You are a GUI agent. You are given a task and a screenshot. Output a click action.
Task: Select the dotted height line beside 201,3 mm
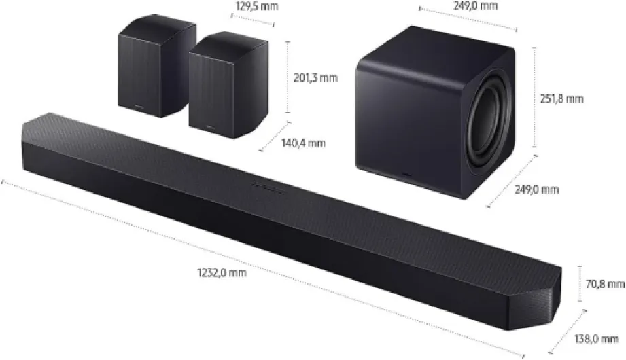click(x=288, y=77)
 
